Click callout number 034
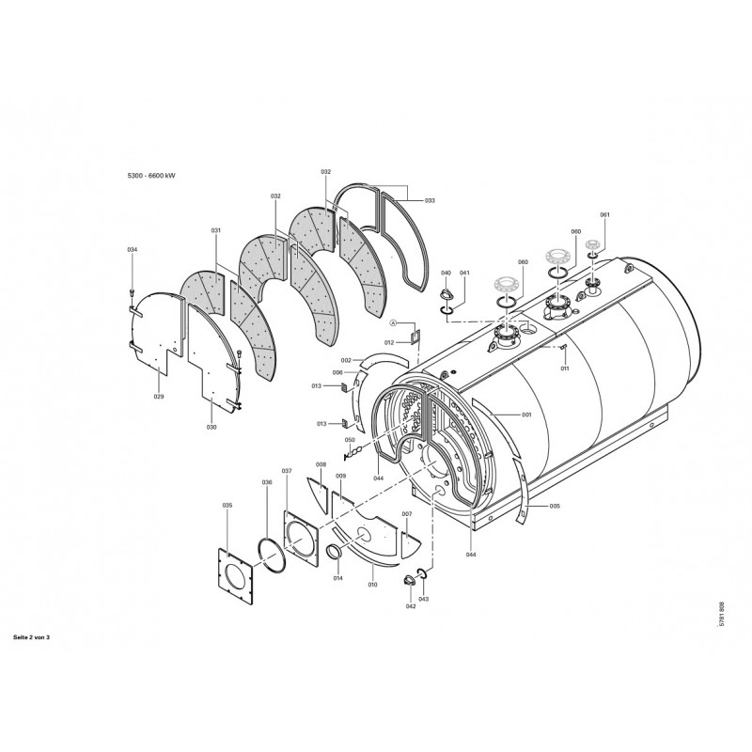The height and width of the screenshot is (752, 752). click(133, 249)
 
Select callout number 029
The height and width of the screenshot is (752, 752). click(159, 398)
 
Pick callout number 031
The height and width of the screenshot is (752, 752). click(216, 230)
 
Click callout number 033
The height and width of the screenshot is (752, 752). click(430, 200)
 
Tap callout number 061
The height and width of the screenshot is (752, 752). click(604, 215)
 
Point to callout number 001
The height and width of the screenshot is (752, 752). click(526, 415)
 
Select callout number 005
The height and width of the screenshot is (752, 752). click(555, 506)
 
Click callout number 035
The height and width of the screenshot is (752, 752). click(227, 506)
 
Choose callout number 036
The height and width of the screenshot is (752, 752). click(267, 482)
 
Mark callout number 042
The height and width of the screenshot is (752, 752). click(411, 606)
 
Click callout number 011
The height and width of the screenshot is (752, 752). click(566, 368)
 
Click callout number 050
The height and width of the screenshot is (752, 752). click(349, 440)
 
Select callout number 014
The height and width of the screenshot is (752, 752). click(338, 577)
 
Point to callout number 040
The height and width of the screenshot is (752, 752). click(446, 273)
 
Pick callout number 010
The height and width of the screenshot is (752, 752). click(372, 585)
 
